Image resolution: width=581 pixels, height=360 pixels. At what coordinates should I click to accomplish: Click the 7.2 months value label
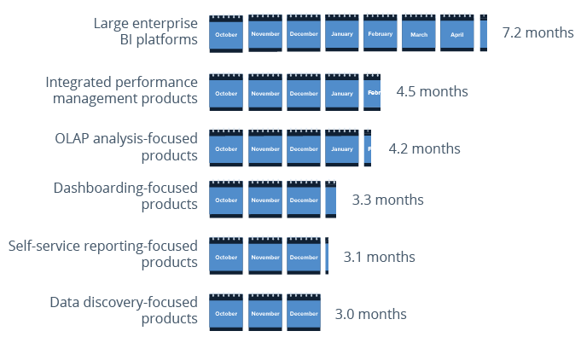point(537,32)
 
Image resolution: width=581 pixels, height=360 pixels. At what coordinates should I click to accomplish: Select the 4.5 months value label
point(432,91)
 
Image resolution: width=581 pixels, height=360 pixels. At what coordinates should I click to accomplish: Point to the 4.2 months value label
point(424,148)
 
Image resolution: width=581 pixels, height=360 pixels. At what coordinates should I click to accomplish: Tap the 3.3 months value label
point(387,200)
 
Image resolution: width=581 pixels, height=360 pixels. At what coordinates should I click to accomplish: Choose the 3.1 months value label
point(379,257)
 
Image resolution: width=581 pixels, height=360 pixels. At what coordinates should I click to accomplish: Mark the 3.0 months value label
point(370,314)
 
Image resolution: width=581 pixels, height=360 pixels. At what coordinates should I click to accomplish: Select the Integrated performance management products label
point(121,90)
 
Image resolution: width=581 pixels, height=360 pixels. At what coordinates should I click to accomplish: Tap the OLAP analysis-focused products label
point(125,147)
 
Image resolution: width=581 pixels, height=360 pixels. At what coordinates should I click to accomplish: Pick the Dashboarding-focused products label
point(125,196)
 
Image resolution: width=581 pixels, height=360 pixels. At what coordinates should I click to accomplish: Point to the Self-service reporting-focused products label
point(102,254)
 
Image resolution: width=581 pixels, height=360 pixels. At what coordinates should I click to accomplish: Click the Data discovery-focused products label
point(124,311)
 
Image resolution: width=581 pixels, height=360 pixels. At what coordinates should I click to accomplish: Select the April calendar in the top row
point(456,34)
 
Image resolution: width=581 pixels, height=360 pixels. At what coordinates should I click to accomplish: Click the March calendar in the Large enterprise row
point(418,34)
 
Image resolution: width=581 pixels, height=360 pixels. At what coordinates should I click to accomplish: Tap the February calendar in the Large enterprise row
point(380,34)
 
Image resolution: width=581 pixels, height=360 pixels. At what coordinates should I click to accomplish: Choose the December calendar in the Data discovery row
point(303,313)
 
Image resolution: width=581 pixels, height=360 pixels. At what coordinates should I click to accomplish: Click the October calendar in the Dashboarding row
point(226,200)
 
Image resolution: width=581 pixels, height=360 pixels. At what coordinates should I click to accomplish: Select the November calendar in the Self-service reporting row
point(264,257)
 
